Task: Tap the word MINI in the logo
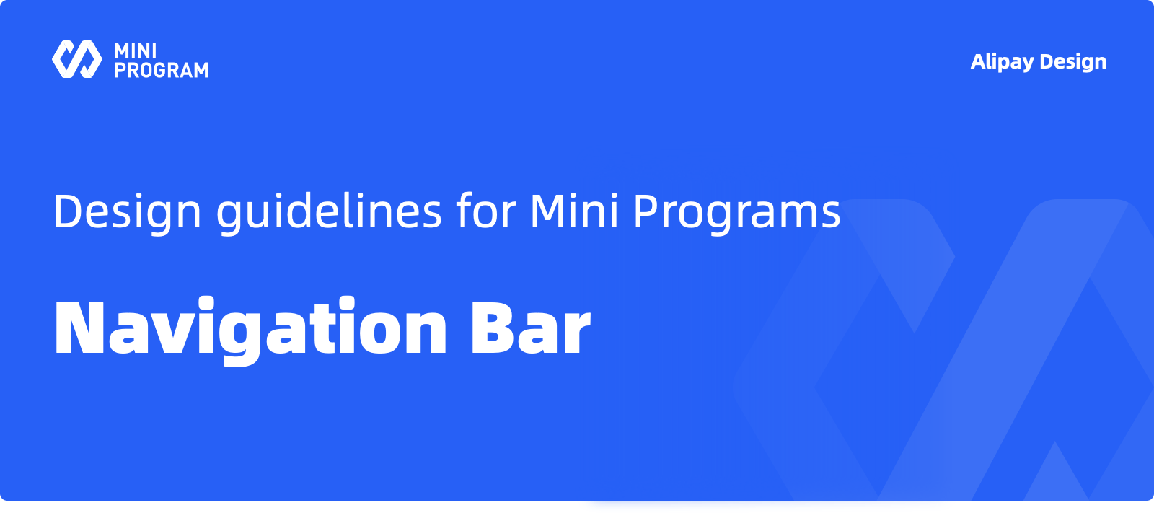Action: pos(136,51)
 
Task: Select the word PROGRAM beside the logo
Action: pos(162,70)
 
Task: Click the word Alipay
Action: pos(1002,62)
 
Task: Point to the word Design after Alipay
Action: pos(1073,62)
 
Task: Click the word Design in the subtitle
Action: pos(127,212)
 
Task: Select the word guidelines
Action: pos(329,211)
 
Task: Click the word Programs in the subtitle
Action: pos(736,212)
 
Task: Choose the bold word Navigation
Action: pos(250,329)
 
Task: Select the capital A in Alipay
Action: pos(979,61)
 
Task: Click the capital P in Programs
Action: pos(646,211)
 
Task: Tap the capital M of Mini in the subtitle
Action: pos(548,211)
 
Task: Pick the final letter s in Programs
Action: pos(830,216)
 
